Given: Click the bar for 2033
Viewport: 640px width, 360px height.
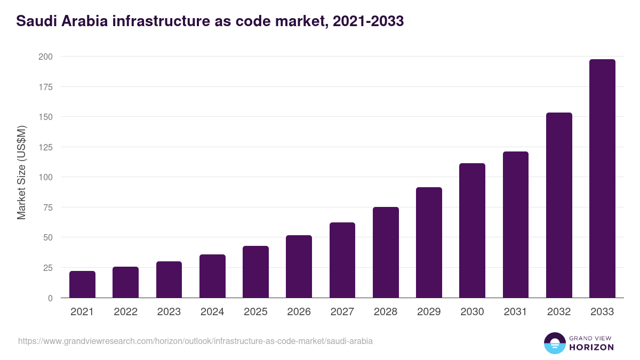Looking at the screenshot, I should click(602, 179).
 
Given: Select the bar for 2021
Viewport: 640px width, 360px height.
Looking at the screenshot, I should click(82, 284).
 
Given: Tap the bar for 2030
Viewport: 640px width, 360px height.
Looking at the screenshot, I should click(472, 230).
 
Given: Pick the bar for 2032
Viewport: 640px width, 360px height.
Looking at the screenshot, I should click(559, 205).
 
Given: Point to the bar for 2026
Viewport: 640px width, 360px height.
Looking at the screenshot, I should click(299, 267).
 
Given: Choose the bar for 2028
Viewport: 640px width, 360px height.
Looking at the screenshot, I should click(386, 252).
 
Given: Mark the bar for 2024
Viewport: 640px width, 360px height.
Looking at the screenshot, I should click(212, 276).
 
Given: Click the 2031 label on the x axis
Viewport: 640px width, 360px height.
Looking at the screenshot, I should click(515, 312).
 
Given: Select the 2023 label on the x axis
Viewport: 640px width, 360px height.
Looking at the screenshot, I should click(169, 312).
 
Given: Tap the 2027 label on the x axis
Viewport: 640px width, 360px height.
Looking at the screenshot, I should click(342, 312).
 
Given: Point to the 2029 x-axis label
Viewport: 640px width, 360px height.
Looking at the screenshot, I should click(429, 312).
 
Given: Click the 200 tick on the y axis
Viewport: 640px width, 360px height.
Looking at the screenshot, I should click(45, 57).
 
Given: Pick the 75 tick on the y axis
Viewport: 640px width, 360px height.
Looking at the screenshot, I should click(47, 207).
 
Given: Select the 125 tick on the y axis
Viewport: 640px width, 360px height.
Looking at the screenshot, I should click(45, 147).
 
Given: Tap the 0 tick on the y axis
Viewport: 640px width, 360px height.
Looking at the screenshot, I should click(50, 298).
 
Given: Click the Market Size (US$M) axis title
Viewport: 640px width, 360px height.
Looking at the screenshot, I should click(21, 172).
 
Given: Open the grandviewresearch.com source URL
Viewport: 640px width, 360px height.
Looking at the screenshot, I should click(195, 341).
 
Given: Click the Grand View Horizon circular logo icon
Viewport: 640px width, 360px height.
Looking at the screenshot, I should click(554, 343).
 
